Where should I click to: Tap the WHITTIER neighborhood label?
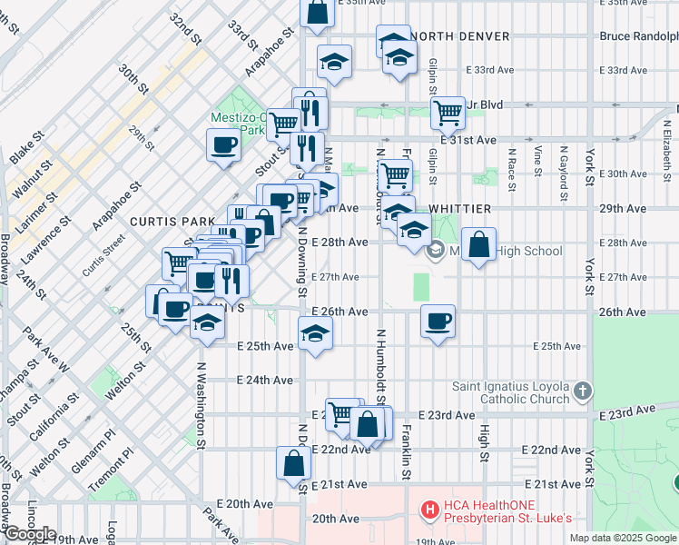(459, 209)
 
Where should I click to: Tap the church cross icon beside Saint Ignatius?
(583, 391)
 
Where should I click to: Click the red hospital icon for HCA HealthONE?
(429, 510)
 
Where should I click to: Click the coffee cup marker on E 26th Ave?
(438, 321)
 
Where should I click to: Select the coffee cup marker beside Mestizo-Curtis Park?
(223, 144)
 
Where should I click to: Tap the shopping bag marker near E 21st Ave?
(295, 462)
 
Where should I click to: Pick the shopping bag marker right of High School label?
(478, 244)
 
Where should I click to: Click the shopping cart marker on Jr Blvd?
(447, 113)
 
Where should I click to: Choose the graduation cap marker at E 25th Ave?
(315, 333)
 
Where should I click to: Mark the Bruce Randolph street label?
(639, 36)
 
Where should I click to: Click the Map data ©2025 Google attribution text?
(624, 538)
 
